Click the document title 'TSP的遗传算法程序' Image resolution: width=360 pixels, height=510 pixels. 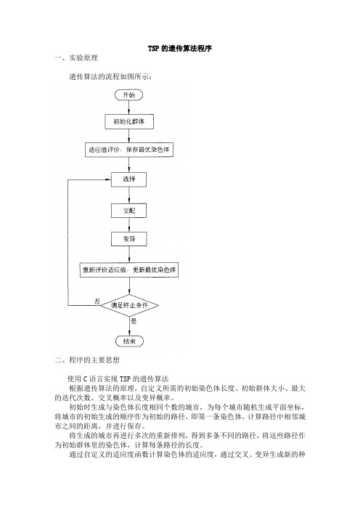(180, 49)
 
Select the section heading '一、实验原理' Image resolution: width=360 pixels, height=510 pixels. (76, 58)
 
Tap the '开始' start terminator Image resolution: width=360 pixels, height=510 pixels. (129, 95)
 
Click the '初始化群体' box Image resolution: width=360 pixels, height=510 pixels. (129, 121)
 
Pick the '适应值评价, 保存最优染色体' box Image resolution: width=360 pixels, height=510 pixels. (129, 150)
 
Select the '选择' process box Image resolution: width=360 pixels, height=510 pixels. (129, 179)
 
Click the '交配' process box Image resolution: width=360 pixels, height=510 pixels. (129, 211)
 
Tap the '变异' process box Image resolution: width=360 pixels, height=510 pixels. (129, 239)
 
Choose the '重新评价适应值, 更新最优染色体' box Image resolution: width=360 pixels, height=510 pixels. (129, 270)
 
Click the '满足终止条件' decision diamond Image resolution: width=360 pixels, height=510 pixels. (129, 305)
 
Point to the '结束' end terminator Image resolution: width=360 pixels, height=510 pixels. (129, 341)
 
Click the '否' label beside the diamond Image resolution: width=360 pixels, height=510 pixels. (97, 301)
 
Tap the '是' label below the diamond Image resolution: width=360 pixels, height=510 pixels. (134, 321)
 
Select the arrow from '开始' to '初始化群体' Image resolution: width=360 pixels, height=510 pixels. (129, 108)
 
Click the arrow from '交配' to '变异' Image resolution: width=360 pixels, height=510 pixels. (129, 225)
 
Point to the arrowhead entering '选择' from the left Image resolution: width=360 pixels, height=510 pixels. (109, 179)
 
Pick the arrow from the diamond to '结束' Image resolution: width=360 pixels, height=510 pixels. (129, 326)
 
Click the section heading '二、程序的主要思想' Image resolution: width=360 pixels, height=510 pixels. (87, 360)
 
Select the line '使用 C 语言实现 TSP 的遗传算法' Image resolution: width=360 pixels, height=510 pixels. (118, 379)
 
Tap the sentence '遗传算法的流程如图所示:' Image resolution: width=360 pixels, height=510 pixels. (110, 77)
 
